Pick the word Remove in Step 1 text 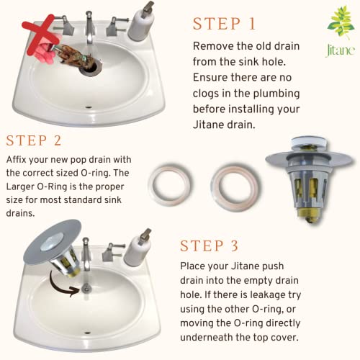click(215, 46)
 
